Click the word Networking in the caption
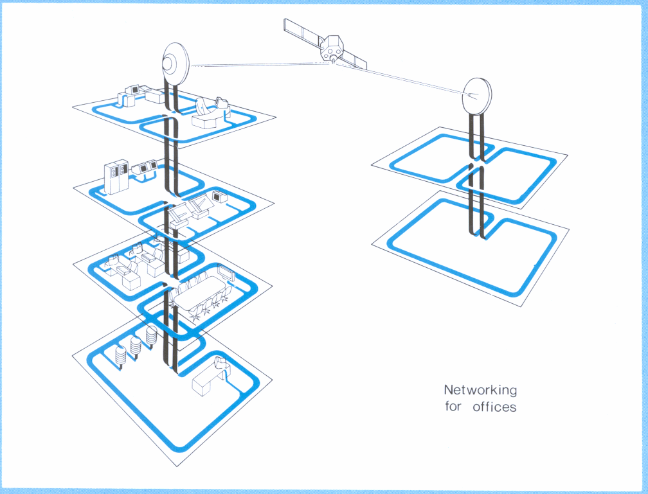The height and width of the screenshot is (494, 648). pyautogui.click(x=480, y=390)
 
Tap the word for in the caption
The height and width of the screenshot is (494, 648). pyautogui.click(x=453, y=407)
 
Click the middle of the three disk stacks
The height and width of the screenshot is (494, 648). pyautogui.click(x=136, y=345)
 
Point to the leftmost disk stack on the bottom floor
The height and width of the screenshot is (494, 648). pyautogui.click(x=120, y=355)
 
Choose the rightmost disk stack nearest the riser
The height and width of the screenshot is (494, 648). pyautogui.click(x=152, y=335)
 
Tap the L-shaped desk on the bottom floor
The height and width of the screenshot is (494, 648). pyautogui.click(x=210, y=378)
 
